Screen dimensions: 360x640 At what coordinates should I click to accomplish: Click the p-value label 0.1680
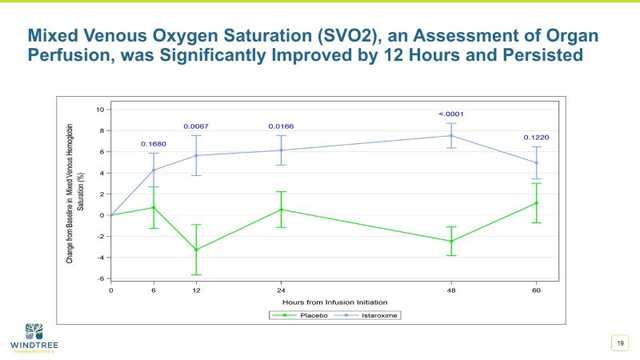[154, 144]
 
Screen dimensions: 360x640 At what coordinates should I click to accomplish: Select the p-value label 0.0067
[196, 126]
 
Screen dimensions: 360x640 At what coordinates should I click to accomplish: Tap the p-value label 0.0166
[281, 126]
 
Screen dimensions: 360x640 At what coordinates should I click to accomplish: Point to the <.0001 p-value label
[451, 114]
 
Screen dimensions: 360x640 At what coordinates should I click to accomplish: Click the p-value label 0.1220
[536, 138]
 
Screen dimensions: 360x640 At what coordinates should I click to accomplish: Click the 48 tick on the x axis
[451, 289]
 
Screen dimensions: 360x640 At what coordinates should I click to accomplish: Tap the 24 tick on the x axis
[281, 289]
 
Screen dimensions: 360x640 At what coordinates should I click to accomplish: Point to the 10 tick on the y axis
[101, 110]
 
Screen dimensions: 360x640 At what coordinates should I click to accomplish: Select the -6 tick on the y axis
[101, 278]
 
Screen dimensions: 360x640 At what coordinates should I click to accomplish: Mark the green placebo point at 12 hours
[196, 250]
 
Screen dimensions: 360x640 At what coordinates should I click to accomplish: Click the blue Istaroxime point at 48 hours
[451, 135]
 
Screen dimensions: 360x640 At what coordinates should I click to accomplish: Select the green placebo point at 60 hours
[536, 203]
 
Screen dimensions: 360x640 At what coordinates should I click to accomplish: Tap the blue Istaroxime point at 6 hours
[154, 170]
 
